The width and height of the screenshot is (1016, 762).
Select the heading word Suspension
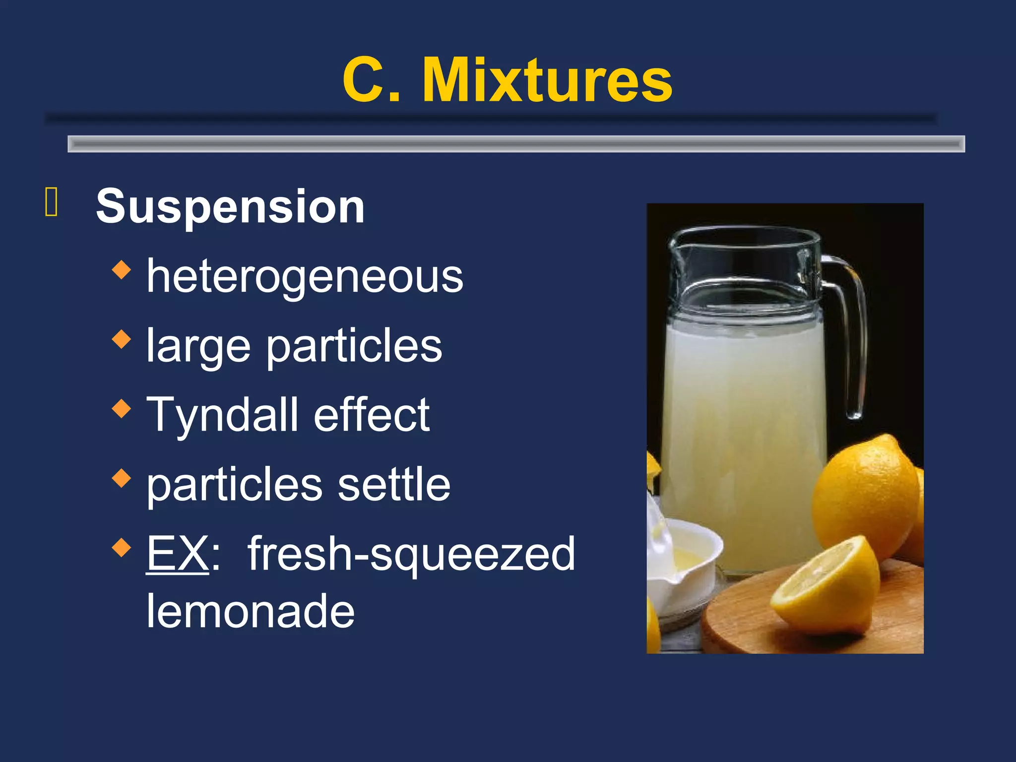pyautogui.click(x=230, y=206)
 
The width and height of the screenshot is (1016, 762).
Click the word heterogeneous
pyautogui.click(x=305, y=277)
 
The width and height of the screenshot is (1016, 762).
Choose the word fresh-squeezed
pyautogui.click(x=411, y=555)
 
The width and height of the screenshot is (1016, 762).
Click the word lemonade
pyautogui.click(x=251, y=611)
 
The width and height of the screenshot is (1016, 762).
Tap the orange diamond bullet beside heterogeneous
pyautogui.click(x=122, y=270)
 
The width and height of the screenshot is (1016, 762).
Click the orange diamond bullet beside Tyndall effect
pyautogui.click(x=122, y=409)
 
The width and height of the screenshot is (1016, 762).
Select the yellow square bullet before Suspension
pyautogui.click(x=52, y=202)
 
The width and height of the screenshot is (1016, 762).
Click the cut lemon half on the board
pyautogui.click(x=826, y=585)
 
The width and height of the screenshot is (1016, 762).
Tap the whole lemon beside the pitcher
pyautogui.click(x=866, y=496)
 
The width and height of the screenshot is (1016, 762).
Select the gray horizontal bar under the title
pyautogui.click(x=516, y=144)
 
